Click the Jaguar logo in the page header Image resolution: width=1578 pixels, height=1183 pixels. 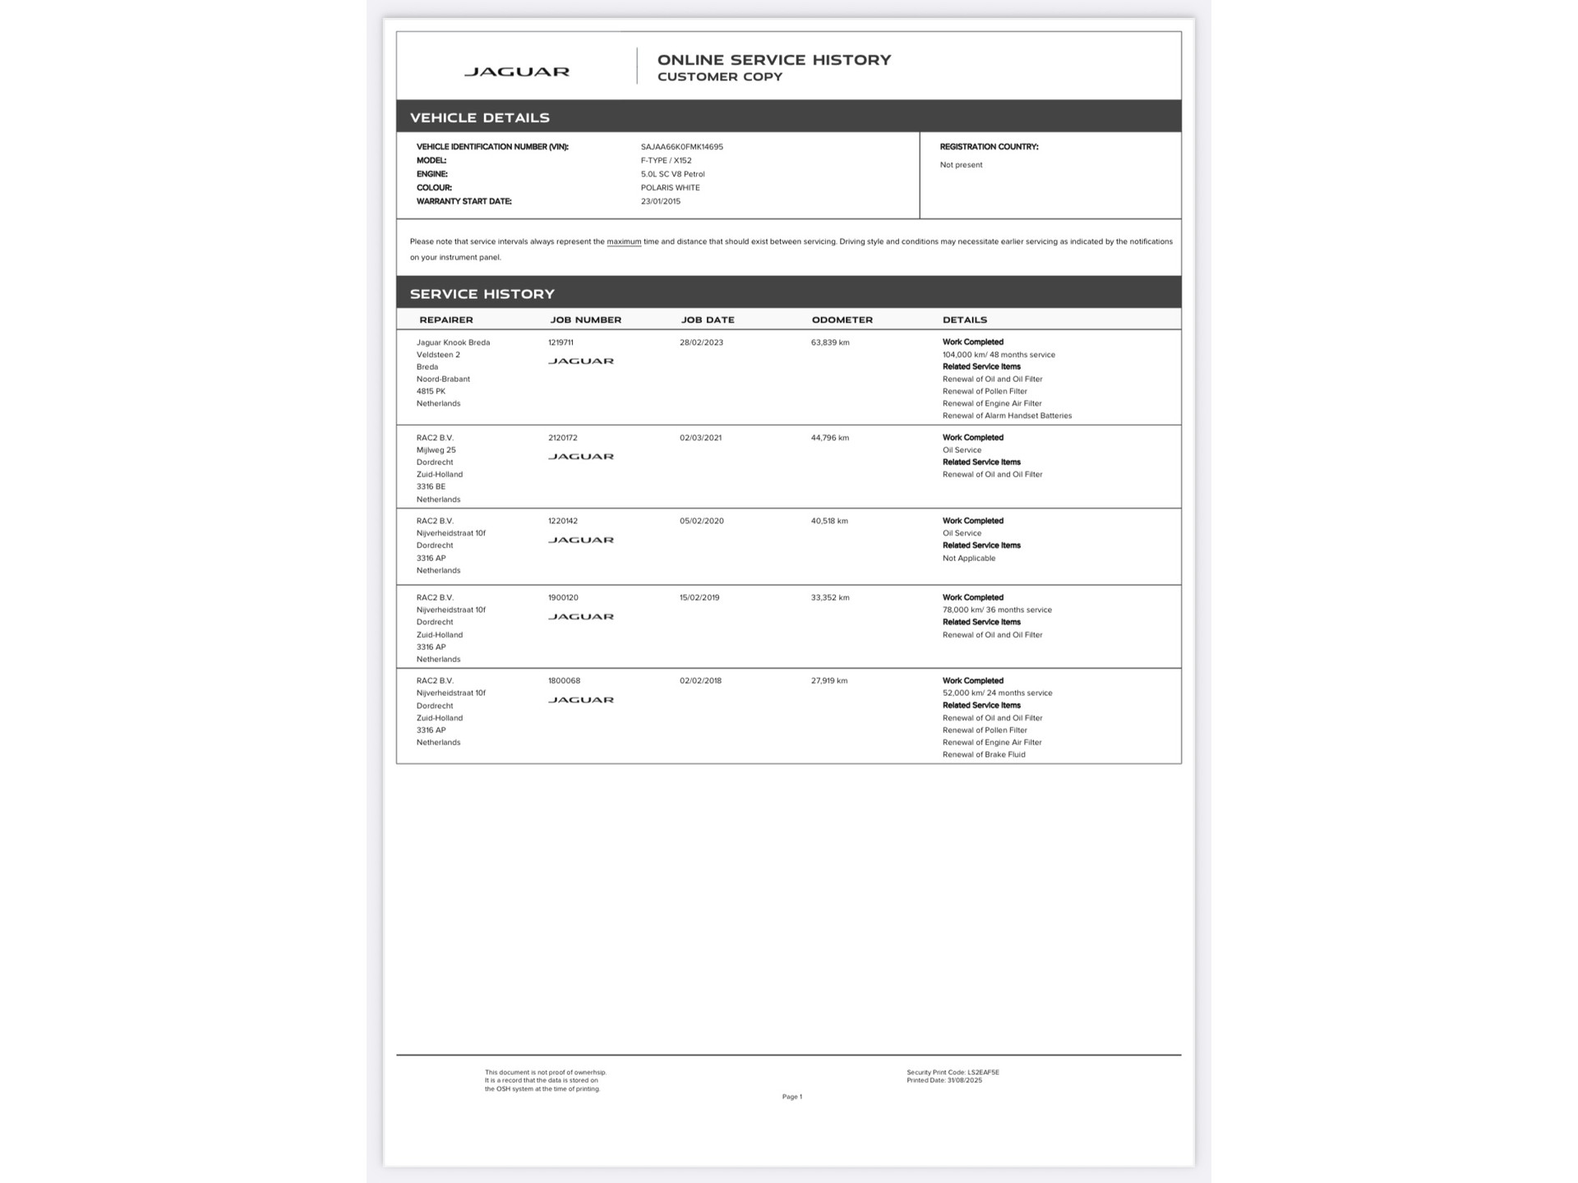516,72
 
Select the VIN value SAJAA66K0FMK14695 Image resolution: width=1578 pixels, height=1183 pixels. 681,147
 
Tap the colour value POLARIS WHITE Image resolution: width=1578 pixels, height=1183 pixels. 670,188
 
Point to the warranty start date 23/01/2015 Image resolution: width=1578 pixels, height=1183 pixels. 660,201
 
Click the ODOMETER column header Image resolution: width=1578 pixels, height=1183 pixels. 842,320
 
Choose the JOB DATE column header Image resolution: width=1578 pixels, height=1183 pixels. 707,320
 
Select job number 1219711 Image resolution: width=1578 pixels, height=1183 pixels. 561,343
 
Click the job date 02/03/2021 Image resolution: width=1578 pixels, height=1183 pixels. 700,438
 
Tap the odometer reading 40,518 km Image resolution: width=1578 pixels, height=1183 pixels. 829,521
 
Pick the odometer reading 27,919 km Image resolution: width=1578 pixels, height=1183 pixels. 828,681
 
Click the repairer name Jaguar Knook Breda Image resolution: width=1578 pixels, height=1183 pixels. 453,343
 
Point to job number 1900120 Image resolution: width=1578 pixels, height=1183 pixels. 563,598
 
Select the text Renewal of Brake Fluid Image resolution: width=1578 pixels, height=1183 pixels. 984,755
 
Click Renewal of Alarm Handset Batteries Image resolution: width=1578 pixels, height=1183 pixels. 1007,416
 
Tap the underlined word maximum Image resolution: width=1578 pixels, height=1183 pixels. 624,242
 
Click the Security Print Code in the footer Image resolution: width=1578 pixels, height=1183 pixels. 953,1072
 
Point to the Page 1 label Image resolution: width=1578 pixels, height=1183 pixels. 791,1097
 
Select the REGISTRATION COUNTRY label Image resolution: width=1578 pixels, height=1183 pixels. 989,147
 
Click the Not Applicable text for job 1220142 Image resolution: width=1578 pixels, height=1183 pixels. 968,559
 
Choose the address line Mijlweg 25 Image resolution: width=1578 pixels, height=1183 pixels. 436,450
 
